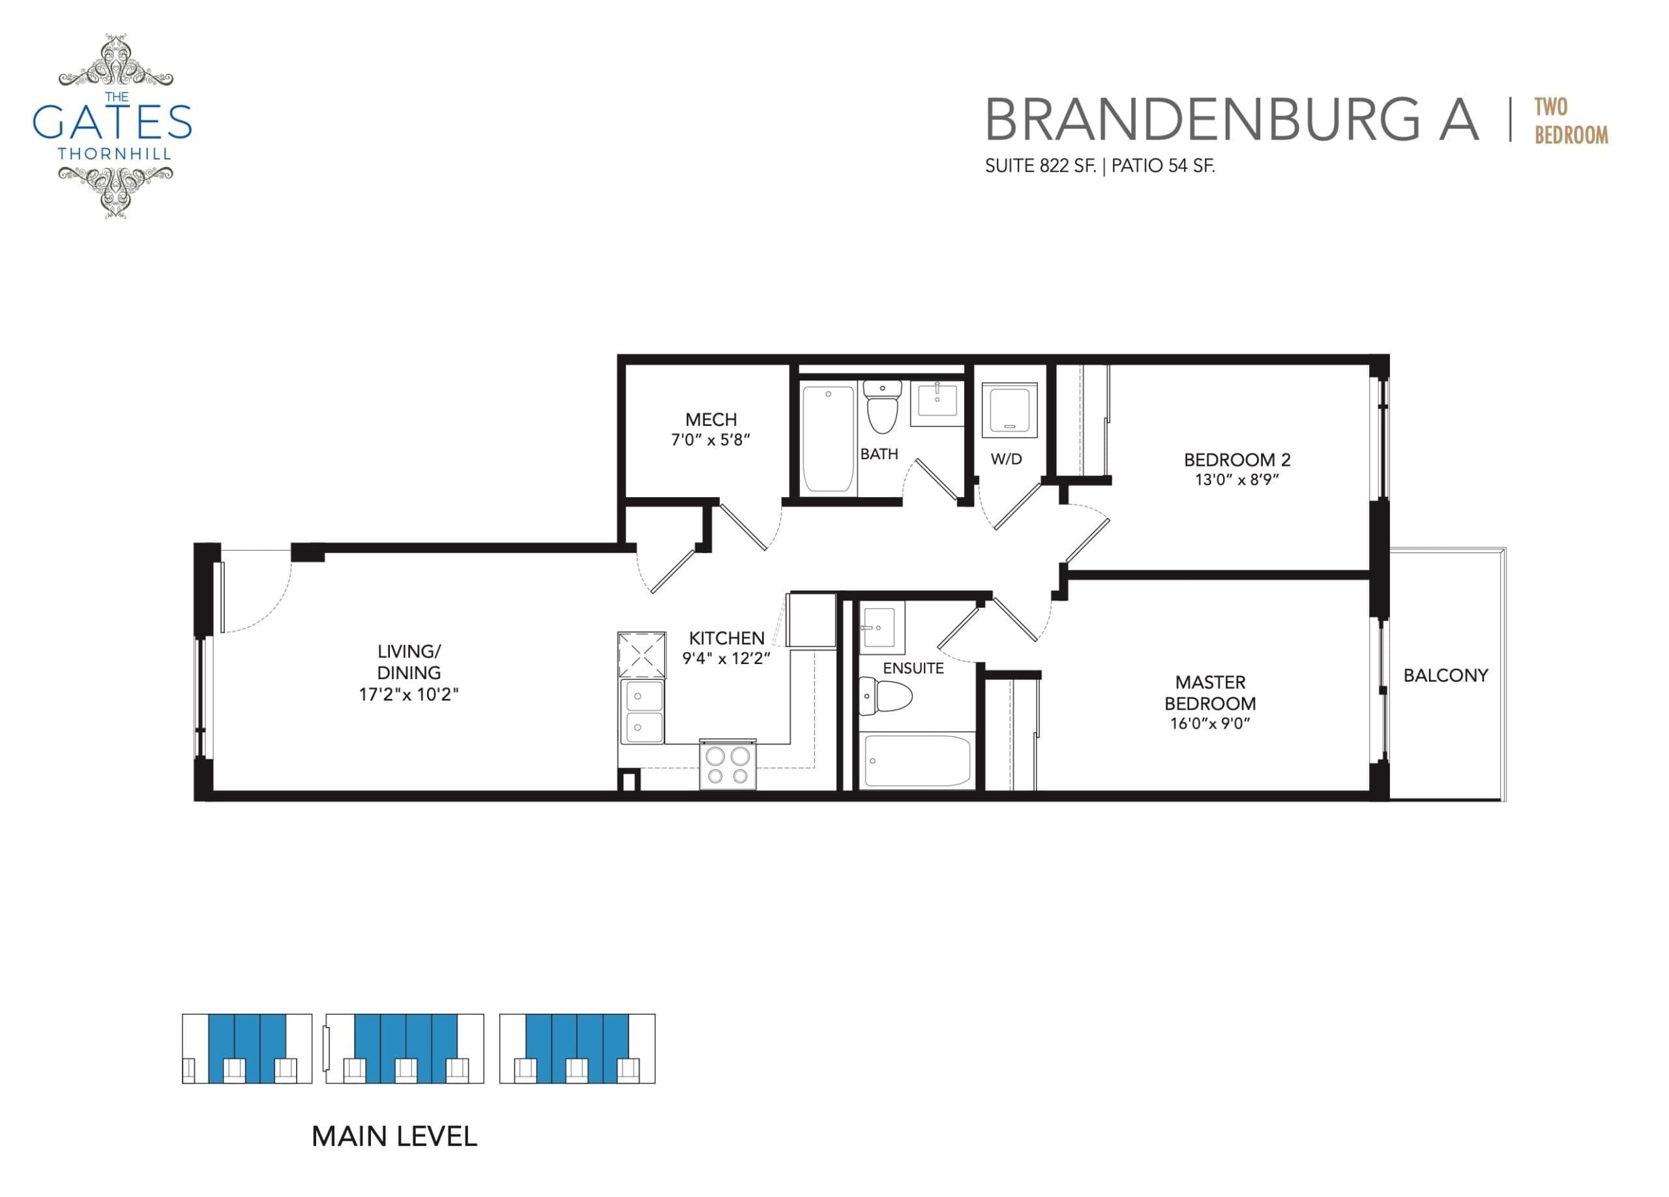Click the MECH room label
pos(710,419)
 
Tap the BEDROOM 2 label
pos(1236,460)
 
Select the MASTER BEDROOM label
pos(1210,693)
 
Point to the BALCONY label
pos(1445,675)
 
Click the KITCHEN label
pos(726,637)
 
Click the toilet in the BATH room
pos(881,408)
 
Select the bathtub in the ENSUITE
pos(917,761)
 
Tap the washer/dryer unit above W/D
pos(1010,409)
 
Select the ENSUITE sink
pos(881,628)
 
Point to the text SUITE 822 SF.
pos(1040,166)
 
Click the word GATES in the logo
pos(112,122)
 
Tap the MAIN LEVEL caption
pos(394,1136)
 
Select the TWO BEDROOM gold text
pos(1571,121)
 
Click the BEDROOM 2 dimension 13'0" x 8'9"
pos(1236,480)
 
